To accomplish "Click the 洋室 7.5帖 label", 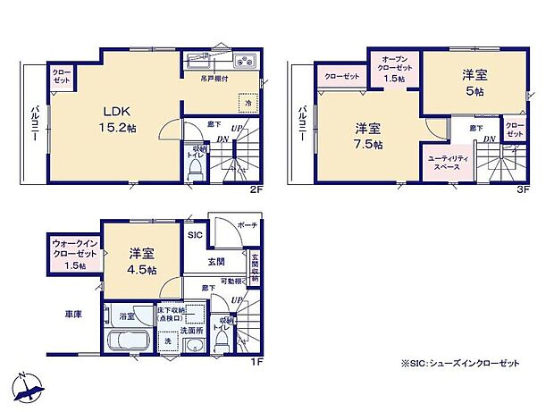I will [x=366, y=137].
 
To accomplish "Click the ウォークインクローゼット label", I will [x=75, y=254].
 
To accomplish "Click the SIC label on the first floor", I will [x=196, y=234].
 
